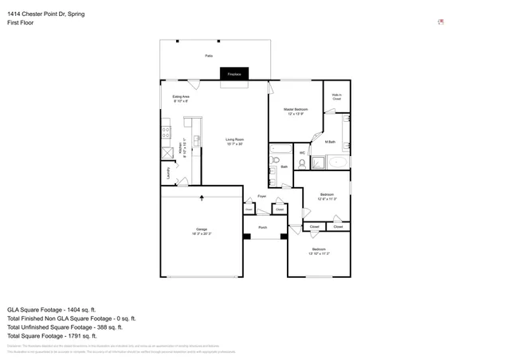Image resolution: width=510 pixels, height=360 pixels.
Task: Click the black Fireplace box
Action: point(235,73)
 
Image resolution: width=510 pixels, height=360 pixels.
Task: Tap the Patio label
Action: point(209,57)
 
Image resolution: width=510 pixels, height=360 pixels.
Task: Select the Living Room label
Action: point(233,142)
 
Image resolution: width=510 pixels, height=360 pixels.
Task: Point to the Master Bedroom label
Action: point(298,111)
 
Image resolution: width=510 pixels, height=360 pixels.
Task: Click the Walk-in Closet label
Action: point(336,98)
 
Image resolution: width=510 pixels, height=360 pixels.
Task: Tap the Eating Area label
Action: point(181,99)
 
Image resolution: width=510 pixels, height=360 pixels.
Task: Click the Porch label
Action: point(262,228)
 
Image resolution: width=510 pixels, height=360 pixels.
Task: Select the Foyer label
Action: point(261,195)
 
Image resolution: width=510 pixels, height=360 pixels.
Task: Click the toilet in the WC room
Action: point(301,164)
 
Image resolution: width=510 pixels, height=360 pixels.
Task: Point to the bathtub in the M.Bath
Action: point(335,162)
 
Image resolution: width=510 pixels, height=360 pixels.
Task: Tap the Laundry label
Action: point(168,172)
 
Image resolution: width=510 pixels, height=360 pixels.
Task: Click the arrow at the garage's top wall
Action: point(202,197)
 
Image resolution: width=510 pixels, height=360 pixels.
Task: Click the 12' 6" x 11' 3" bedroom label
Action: point(327,196)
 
